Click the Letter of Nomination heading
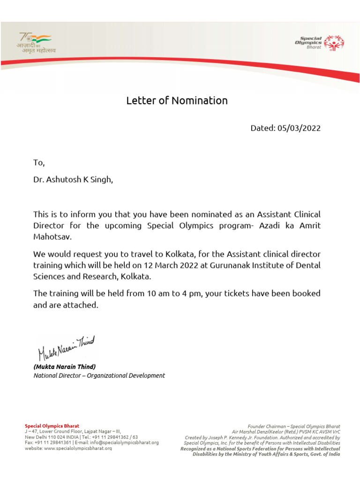tap(177, 101)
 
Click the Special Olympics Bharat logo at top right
tap(319, 42)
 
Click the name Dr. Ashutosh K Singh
tap(73, 180)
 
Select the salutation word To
tap(38, 163)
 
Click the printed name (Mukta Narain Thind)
tap(64, 367)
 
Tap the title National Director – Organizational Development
tap(99, 375)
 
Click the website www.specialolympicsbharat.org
tap(78, 448)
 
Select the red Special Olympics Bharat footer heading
tap(52, 426)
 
